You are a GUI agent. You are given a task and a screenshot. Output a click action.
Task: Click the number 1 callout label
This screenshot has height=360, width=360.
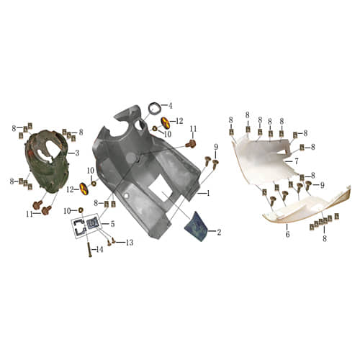(208, 193)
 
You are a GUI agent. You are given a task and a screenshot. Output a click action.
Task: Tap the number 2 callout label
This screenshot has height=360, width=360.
(218, 232)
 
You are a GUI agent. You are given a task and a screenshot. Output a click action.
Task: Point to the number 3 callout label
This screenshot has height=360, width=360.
(77, 153)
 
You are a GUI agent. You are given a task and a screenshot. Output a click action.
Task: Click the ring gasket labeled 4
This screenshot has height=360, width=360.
(154, 109)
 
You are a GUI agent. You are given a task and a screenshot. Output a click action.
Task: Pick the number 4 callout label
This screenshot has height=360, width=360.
(170, 106)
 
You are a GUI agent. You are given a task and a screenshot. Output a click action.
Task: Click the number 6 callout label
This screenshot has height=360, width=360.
(287, 235)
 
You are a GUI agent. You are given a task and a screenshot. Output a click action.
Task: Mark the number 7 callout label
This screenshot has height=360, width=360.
(296, 162)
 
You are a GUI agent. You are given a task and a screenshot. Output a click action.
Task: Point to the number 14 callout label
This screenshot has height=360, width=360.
(99, 250)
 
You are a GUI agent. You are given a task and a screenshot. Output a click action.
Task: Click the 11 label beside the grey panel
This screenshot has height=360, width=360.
(192, 129)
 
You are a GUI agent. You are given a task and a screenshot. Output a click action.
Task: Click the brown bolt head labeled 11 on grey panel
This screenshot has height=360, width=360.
(192, 144)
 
